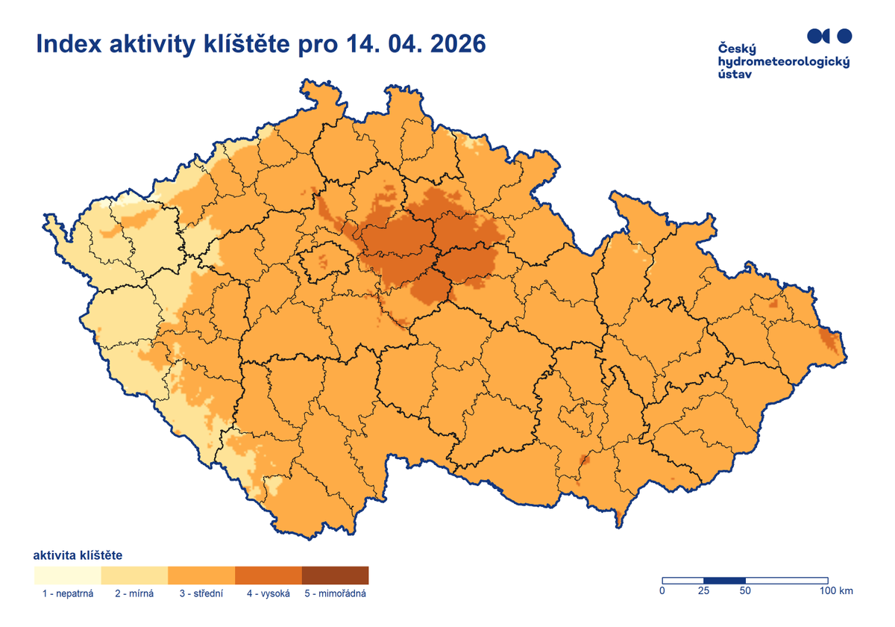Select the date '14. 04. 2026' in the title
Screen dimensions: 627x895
(x=415, y=45)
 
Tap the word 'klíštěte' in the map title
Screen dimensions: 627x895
(x=245, y=45)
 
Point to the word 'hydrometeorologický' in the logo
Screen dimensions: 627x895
(x=782, y=62)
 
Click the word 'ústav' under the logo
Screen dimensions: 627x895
(x=734, y=75)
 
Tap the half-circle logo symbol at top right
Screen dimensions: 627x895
(x=817, y=35)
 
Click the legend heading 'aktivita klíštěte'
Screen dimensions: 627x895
(x=78, y=555)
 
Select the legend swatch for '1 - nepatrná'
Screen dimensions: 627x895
(x=67, y=575)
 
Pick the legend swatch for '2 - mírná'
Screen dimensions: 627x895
(x=134, y=575)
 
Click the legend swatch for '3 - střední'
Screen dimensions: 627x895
(x=201, y=575)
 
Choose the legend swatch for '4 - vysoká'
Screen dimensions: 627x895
(x=268, y=575)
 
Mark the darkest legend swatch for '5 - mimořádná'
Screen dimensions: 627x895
(x=336, y=575)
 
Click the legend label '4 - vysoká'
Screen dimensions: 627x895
(x=268, y=594)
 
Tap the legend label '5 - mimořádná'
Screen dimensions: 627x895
(x=336, y=594)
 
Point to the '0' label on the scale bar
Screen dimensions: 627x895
(x=662, y=591)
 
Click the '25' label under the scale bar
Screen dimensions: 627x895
(x=703, y=591)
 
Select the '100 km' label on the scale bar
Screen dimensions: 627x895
(x=835, y=591)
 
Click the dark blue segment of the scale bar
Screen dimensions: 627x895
(x=724, y=580)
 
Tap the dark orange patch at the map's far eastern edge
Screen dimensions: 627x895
(x=828, y=340)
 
